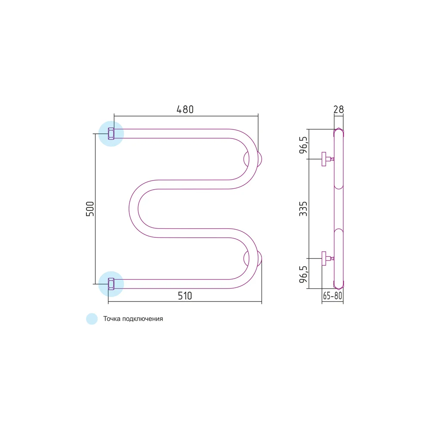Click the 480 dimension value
point(185,109)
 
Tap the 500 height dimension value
point(90,209)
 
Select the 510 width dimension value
point(185,296)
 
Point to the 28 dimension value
point(339,109)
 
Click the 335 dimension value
point(303,209)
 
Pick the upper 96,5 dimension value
point(303,145)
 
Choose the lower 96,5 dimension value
point(303,274)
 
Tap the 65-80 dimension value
point(333,296)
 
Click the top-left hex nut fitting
point(111,134)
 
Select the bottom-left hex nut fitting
point(111,284)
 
